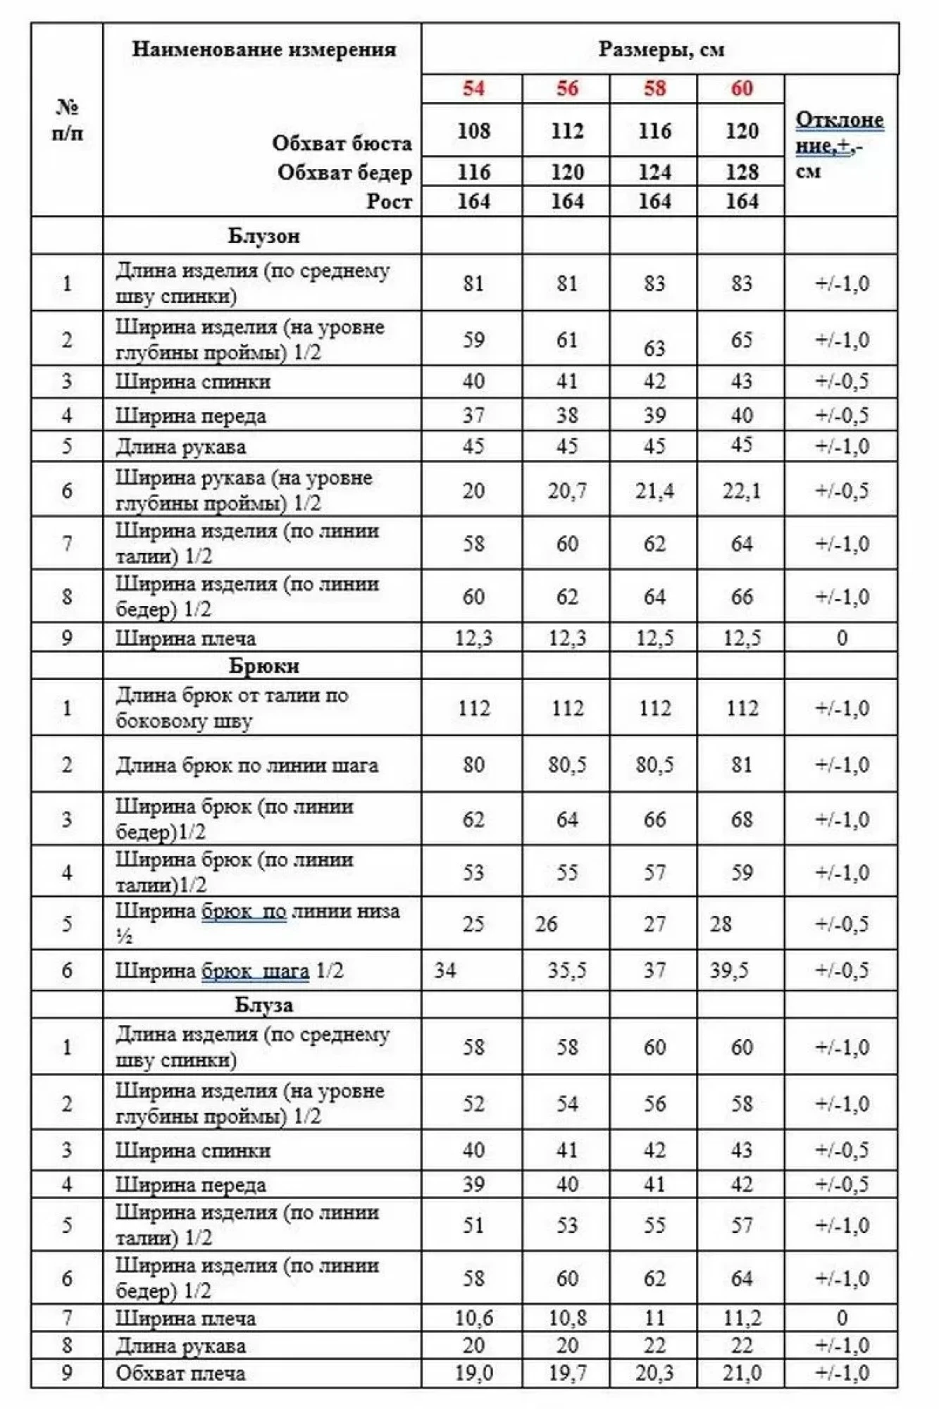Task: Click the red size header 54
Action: click(x=473, y=89)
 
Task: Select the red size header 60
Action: click(x=741, y=89)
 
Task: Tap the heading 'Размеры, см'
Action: click(x=660, y=49)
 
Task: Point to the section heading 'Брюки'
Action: click(x=263, y=666)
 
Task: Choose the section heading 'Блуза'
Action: click(x=263, y=1005)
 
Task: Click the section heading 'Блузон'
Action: click(x=263, y=235)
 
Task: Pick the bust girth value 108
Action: click(x=473, y=131)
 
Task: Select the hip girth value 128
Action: click(x=741, y=172)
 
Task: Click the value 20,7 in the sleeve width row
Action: click(x=567, y=490)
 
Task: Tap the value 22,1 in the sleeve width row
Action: click(x=741, y=490)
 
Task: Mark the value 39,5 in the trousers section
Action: click(x=728, y=971)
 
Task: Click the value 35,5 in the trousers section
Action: click(x=567, y=971)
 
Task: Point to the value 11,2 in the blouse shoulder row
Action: click(x=741, y=1318)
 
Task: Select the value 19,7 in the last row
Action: click(x=567, y=1373)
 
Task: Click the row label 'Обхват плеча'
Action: click(x=180, y=1373)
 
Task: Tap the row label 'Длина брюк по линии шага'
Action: click(x=247, y=765)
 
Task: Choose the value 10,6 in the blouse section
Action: click(x=473, y=1318)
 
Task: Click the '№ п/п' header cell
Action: click(x=67, y=120)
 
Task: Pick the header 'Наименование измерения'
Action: click(x=263, y=49)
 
